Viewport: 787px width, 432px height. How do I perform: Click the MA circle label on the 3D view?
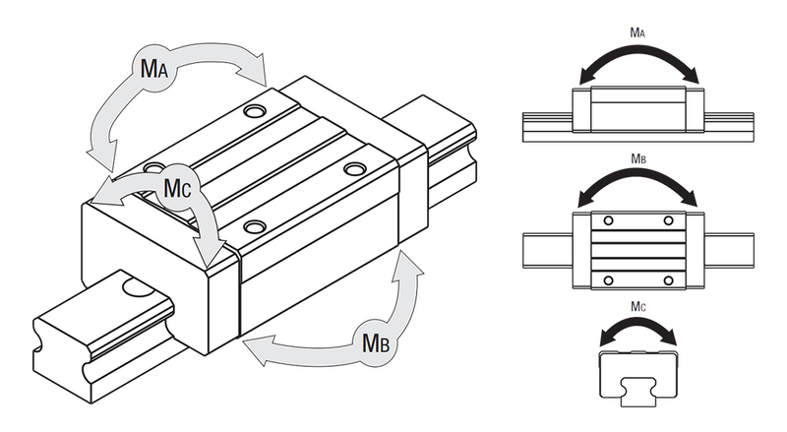pos(153,69)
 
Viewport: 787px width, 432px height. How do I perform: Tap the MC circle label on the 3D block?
pos(178,187)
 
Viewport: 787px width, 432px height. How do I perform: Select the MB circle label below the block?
pos(376,342)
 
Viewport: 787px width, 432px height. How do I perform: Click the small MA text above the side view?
pos(637,33)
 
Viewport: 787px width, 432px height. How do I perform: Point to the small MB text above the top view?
pos(637,158)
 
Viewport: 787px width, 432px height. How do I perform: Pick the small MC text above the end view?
pos(637,306)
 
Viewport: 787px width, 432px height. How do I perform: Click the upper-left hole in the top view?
pos(609,221)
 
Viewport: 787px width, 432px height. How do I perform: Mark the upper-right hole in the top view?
pos(668,221)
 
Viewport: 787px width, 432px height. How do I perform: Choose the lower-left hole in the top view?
pos(609,280)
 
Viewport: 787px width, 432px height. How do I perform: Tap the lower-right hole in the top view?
pos(668,280)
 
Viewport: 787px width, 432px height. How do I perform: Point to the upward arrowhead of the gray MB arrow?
pos(407,268)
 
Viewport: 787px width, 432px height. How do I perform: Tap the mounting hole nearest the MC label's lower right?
pos(255,226)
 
